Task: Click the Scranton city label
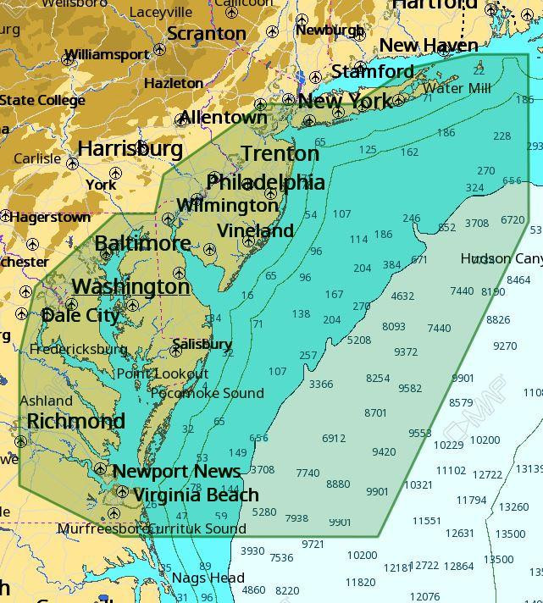[207, 34]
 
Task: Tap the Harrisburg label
[130, 148]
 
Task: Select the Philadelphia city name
[265, 182]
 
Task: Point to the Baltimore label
[142, 243]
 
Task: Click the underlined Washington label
[130, 286]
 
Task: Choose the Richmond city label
[75, 421]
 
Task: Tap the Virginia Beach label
[196, 495]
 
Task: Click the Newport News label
[176, 471]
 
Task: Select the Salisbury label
[202, 344]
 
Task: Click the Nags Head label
[208, 578]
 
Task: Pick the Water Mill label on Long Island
[457, 88]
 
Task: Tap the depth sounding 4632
[402, 296]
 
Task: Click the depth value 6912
[334, 438]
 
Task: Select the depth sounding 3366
[321, 384]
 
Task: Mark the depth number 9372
[406, 352]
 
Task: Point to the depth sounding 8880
[338, 484]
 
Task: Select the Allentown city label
[223, 117]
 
